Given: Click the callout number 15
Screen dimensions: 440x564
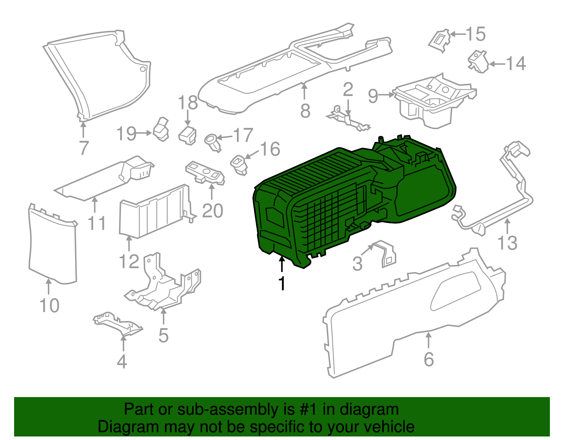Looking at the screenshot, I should click(x=476, y=34).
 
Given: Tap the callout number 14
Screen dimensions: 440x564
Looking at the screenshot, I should click(x=516, y=64).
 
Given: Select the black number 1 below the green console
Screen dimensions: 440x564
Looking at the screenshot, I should click(x=282, y=283).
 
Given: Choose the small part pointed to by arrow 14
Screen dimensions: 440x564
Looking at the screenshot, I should click(x=478, y=62).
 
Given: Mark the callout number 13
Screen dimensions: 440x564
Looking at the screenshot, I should click(x=507, y=243).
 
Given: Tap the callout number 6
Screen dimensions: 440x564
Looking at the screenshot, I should click(x=429, y=359).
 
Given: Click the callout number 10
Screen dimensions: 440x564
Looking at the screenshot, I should click(x=49, y=305).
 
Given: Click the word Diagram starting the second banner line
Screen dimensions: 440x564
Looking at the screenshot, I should click(x=128, y=427).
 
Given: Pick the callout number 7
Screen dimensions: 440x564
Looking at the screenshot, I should click(x=83, y=148).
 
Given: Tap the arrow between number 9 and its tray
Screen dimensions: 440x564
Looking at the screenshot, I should click(x=387, y=94).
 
